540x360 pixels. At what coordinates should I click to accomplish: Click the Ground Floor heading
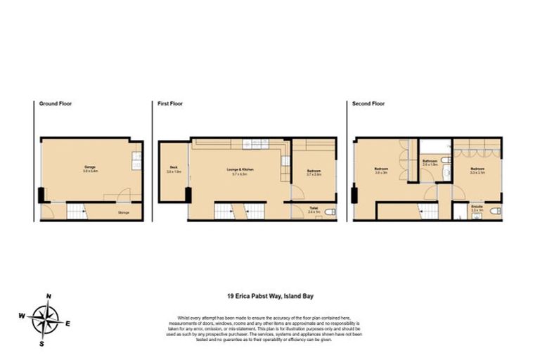coord(56,103)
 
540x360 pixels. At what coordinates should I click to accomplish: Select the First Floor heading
coord(169,103)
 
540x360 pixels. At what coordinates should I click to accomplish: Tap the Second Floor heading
coord(369,103)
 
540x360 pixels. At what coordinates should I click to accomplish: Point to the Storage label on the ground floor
coord(123,210)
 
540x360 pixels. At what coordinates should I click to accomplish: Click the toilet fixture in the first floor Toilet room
coord(331,212)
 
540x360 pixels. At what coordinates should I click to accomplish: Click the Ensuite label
coord(477,207)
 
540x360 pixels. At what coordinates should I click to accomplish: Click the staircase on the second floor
coord(424,210)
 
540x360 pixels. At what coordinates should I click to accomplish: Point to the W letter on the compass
coord(22,316)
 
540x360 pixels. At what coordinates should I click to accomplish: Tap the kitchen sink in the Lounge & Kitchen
coord(252,144)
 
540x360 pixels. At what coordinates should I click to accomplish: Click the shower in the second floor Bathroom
coord(435,148)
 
